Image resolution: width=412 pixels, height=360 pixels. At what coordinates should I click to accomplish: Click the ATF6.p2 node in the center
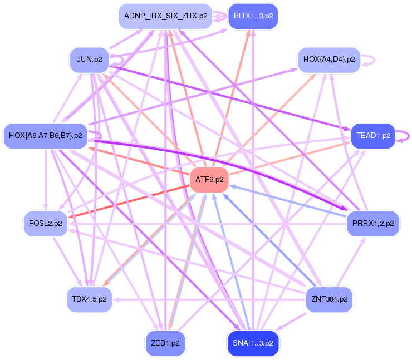click(209, 179)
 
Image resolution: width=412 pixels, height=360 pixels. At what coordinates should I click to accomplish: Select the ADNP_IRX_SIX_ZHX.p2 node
click(165, 16)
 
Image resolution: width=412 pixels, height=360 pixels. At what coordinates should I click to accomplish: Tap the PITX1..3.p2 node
click(253, 16)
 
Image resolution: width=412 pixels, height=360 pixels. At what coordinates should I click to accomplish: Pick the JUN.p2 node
click(89, 60)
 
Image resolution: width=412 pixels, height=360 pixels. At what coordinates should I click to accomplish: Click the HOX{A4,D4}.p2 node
click(329, 60)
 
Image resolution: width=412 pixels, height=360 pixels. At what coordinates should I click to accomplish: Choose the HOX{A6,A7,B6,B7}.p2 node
click(45, 135)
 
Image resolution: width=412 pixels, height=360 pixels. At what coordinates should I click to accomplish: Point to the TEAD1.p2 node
click(373, 135)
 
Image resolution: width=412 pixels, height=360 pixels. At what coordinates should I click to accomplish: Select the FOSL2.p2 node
click(45, 223)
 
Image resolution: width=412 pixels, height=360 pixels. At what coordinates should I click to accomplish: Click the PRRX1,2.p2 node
click(373, 223)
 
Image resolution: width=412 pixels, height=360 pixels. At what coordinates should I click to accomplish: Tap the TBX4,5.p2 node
click(89, 299)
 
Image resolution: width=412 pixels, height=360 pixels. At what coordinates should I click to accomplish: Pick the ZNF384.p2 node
click(329, 299)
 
